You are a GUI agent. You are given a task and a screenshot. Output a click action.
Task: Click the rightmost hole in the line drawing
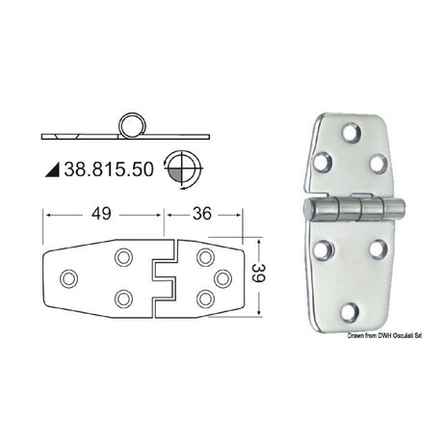222,277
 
